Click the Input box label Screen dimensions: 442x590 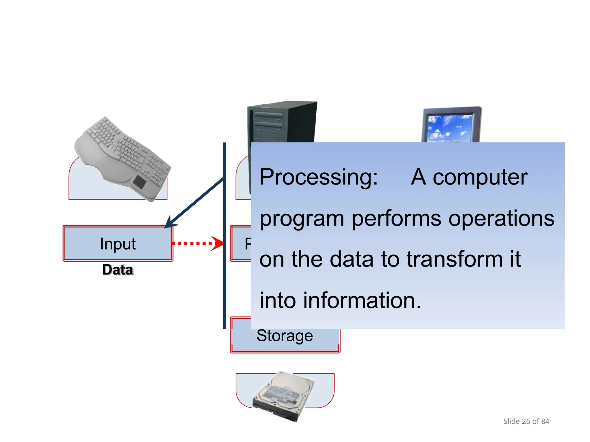[118, 244]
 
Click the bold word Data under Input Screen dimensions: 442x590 [118, 270]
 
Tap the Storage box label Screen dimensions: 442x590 [285, 336]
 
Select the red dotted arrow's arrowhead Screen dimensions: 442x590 [218, 243]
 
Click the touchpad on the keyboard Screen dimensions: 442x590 [140, 182]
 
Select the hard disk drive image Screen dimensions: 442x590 [284, 396]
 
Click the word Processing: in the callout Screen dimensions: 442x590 [319, 177]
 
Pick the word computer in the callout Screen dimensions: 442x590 [480, 177]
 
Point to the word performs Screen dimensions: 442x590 [396, 219]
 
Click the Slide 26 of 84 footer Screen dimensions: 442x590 [526, 421]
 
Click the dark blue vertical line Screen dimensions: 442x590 [225, 288]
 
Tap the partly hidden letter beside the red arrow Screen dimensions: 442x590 [247, 244]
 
